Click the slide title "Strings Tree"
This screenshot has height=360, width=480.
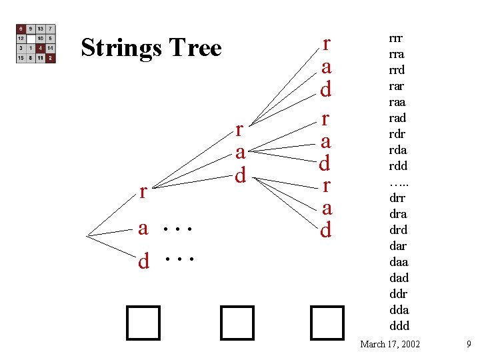point(151,48)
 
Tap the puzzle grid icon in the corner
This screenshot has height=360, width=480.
point(36,44)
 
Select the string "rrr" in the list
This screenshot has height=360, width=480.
point(397,38)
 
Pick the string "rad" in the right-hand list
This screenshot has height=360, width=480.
point(397,118)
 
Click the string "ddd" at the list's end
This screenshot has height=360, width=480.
point(399,326)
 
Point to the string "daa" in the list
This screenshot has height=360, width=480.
point(398,262)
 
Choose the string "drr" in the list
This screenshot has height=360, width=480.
point(397,198)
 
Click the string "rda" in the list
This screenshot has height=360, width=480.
point(398,150)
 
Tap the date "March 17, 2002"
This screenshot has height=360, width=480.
point(390,345)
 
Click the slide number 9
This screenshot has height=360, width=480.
point(469,345)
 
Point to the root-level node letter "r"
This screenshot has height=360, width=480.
point(143,192)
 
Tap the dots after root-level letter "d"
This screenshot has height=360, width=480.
point(178,259)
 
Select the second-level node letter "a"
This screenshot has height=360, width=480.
point(241,152)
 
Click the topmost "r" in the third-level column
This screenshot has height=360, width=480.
point(326,44)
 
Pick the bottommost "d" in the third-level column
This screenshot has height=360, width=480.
point(326,230)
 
